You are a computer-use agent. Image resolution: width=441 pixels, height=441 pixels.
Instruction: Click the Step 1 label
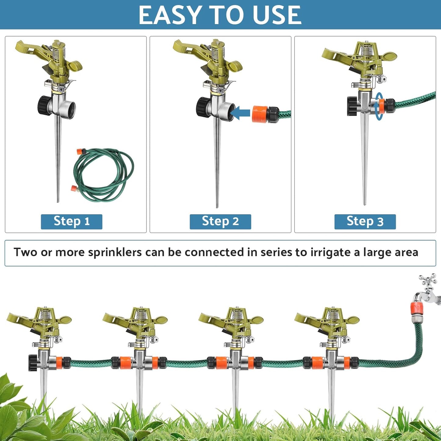tap(71, 221)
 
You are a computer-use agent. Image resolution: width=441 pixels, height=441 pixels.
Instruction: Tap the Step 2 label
tap(220, 221)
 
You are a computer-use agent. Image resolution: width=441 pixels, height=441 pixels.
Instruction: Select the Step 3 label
tap(365, 221)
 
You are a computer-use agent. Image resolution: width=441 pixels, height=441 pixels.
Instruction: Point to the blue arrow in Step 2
tap(240, 114)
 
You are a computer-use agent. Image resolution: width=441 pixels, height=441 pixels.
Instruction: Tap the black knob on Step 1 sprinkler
tap(44, 105)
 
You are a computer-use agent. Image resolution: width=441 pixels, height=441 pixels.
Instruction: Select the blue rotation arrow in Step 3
tap(379, 106)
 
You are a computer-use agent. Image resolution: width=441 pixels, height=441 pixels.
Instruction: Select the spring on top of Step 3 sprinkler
tap(365, 50)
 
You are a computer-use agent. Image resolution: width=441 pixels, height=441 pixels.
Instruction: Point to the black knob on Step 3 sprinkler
tap(352, 106)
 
